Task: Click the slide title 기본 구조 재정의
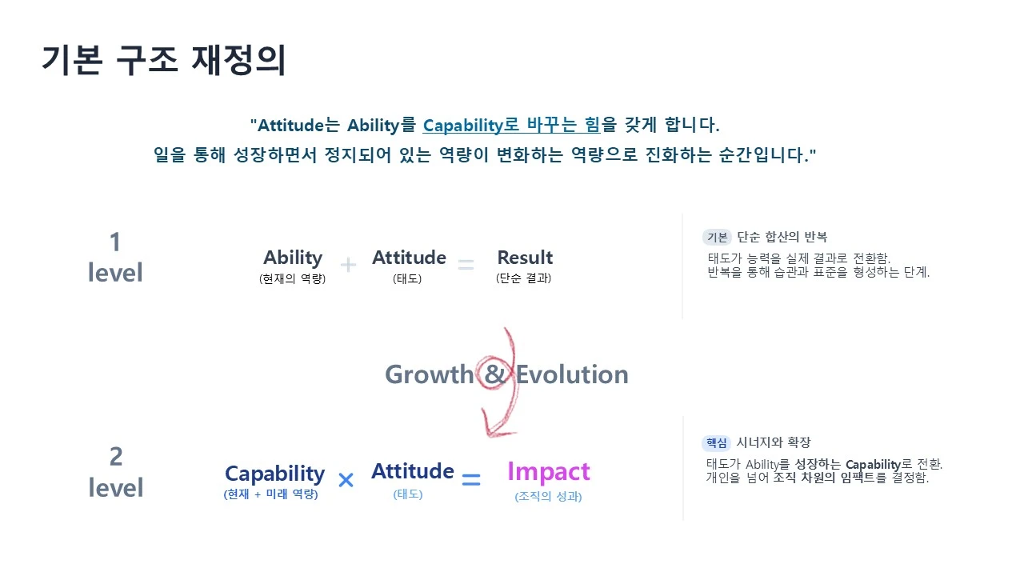point(164,60)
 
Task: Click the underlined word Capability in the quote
point(462,126)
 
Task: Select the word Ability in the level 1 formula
point(293,258)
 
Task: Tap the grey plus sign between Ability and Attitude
point(348,265)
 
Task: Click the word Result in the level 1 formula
point(525,258)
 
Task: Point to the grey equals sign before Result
point(466,264)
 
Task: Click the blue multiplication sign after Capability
point(346,480)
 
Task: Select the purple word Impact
point(549,472)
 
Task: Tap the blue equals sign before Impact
point(471,479)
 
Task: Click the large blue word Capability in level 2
point(274,474)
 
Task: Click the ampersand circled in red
point(494,374)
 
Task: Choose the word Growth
point(430,374)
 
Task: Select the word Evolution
point(572,374)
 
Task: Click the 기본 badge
point(717,238)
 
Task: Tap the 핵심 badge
point(716,442)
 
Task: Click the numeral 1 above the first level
point(115,242)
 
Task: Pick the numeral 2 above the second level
point(116,456)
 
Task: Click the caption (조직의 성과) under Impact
point(548,497)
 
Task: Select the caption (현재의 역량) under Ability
point(292,278)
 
